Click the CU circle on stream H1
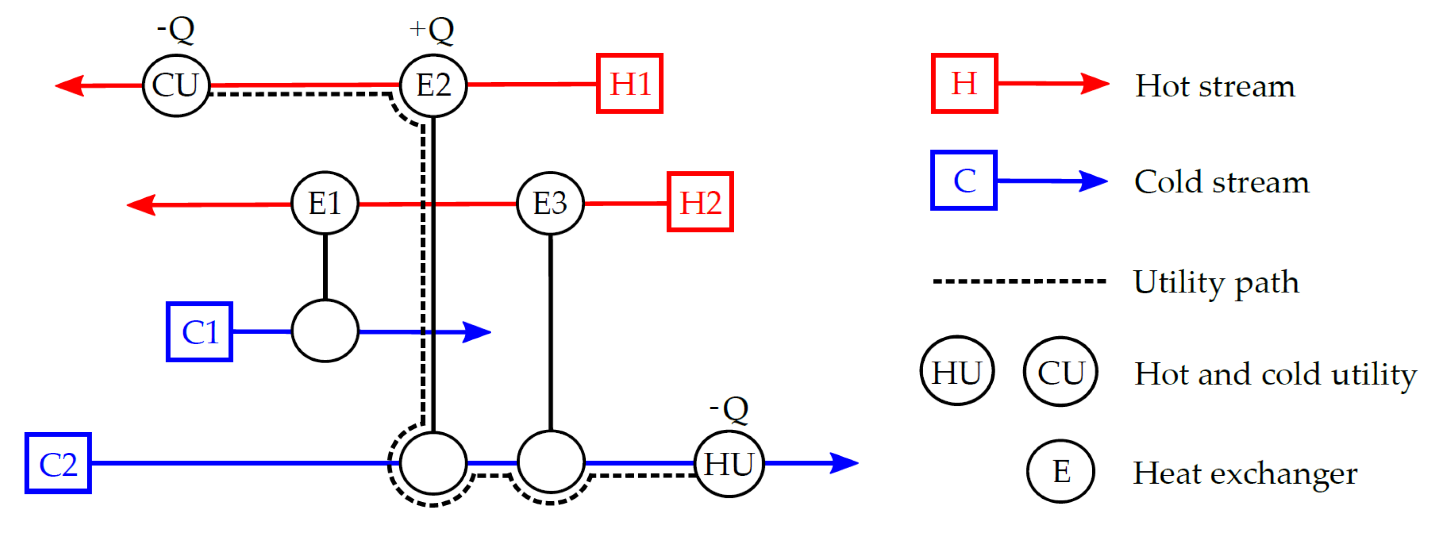[176, 85]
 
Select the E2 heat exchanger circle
[433, 85]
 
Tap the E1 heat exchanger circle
[325, 203]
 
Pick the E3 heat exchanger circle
[550, 203]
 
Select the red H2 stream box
[700, 202]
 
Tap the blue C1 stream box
[199, 332]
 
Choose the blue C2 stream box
[58, 463]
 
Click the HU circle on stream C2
[729, 464]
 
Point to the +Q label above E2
[431, 29]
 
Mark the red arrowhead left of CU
[70, 86]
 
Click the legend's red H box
[964, 84]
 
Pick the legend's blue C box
[964, 180]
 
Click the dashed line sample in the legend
[1019, 281]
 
